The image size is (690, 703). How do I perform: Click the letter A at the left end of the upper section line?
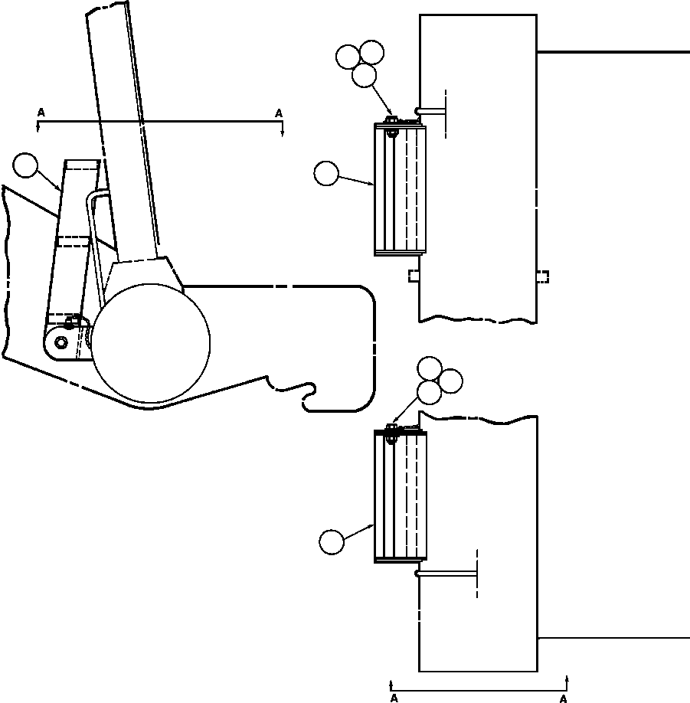41,113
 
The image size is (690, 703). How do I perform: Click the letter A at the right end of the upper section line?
279,113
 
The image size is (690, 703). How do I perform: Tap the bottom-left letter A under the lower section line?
394,698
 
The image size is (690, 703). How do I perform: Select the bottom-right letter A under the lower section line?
563,698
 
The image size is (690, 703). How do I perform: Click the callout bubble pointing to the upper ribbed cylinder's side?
325,174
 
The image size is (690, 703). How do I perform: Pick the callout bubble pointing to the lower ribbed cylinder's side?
331,541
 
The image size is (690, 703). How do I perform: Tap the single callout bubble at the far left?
25,165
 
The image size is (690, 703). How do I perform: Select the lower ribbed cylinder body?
400,496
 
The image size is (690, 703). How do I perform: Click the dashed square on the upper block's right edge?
542,276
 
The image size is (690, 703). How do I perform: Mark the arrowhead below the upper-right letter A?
283,132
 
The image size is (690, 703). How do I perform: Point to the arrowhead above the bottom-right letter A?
567,678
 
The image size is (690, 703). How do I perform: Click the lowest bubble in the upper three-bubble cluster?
365,75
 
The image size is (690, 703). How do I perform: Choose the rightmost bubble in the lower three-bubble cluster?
450,381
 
